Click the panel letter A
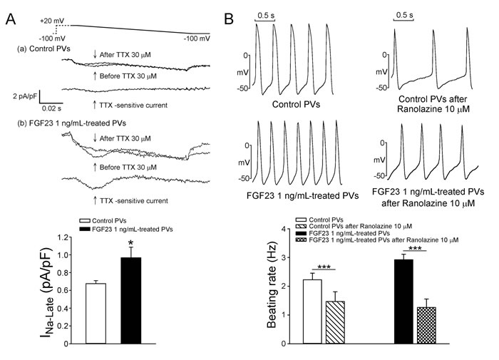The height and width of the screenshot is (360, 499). pos(11,19)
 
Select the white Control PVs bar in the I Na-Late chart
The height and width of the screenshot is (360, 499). pos(96,313)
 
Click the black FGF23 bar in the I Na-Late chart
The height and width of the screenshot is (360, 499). pos(130,301)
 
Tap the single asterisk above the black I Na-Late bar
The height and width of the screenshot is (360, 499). pos(130,245)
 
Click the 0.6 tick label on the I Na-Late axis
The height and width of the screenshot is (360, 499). pos(63,290)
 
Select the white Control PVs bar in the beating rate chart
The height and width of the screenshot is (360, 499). pos(312,312)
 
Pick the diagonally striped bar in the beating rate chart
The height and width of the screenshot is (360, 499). pos(335,322)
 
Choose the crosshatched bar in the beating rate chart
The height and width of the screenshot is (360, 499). pos(426,325)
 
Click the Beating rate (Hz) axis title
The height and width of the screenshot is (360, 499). pos(272,285)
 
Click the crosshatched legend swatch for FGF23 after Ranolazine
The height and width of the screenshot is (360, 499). pos(301,240)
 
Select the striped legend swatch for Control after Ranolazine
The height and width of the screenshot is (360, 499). pos(301,226)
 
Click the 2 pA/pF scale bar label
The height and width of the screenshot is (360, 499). pos(25,96)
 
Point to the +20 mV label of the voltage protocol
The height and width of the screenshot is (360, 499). pos(52,21)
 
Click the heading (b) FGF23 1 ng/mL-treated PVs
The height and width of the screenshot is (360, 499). pos(71,123)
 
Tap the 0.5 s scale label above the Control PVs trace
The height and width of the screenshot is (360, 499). pos(266,15)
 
